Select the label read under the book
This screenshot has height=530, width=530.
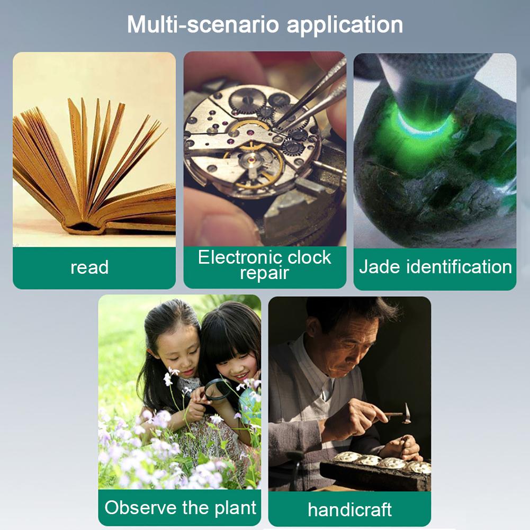(89, 267)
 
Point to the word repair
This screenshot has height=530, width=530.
(264, 273)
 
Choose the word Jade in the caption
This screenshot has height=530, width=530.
(380, 266)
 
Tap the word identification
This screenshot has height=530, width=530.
(459, 266)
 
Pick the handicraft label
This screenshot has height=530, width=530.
(349, 509)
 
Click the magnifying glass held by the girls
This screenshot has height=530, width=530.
(218, 390)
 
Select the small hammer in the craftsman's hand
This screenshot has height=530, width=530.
(399, 414)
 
